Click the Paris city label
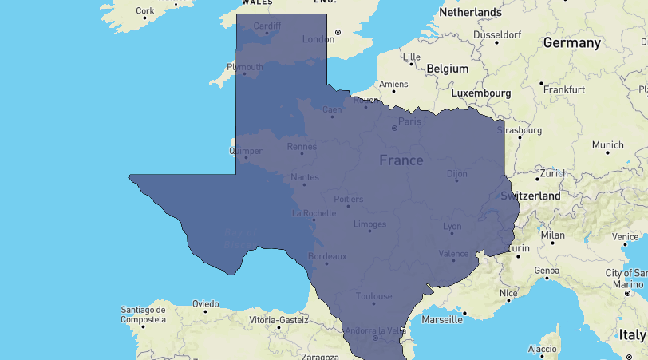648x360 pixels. (x=409, y=121)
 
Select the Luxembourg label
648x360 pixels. (x=480, y=93)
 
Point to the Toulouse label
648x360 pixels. (x=374, y=295)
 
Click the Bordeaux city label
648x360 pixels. (x=327, y=256)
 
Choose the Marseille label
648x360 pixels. (x=441, y=320)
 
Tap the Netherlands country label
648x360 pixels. (x=470, y=12)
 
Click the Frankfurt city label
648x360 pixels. (x=564, y=89)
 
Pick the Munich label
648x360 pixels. (x=608, y=145)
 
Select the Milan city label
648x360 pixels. (x=552, y=235)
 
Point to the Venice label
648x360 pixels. (x=625, y=237)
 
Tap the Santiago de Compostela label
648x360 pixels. (x=143, y=315)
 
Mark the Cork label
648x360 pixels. (x=145, y=11)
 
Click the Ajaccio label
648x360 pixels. (x=543, y=349)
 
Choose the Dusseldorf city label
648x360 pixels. (x=497, y=35)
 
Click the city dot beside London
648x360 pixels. (x=338, y=32)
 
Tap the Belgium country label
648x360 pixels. (x=447, y=69)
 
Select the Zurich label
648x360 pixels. (x=552, y=173)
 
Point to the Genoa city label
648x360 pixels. (x=547, y=271)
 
